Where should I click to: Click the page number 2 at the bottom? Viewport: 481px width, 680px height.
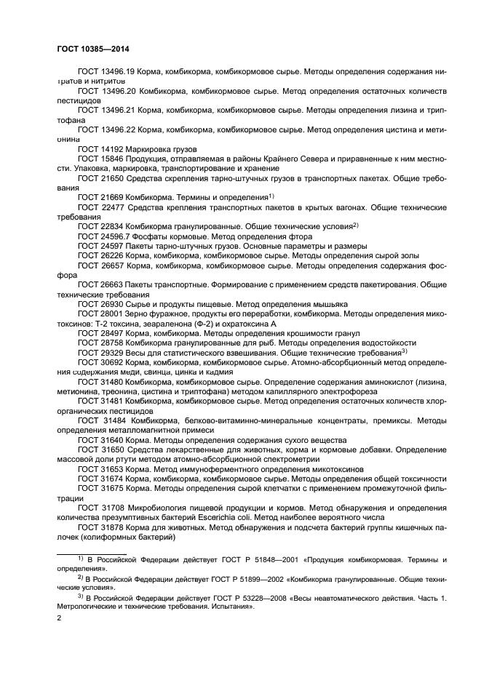(60, 617)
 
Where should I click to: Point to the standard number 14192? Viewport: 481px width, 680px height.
(112, 148)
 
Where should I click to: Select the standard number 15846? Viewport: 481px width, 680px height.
(112, 158)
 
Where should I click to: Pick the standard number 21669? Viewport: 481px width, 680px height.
(112, 197)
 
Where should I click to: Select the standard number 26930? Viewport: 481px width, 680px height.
(112, 304)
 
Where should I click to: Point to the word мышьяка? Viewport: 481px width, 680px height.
(330, 304)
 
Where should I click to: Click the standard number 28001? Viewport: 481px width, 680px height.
(112, 313)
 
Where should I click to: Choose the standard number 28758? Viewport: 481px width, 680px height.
(112, 343)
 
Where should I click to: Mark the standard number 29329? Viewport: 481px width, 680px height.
(112, 353)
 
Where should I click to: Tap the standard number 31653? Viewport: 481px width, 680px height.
(112, 469)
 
